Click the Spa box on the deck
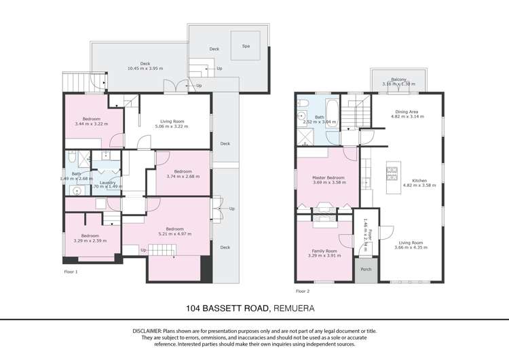pos(245,46)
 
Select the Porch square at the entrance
pos(366,270)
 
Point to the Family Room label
pos(324,251)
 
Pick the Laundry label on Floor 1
pos(107,182)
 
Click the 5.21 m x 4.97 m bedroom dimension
pos(174,234)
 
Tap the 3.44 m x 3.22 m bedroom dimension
pos(91,124)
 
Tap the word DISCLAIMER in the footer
pos(149,329)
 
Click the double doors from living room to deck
pos(178,87)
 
